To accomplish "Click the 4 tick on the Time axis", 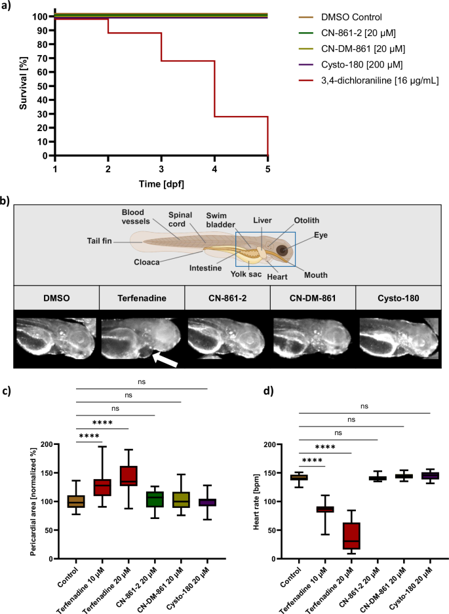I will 214,168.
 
